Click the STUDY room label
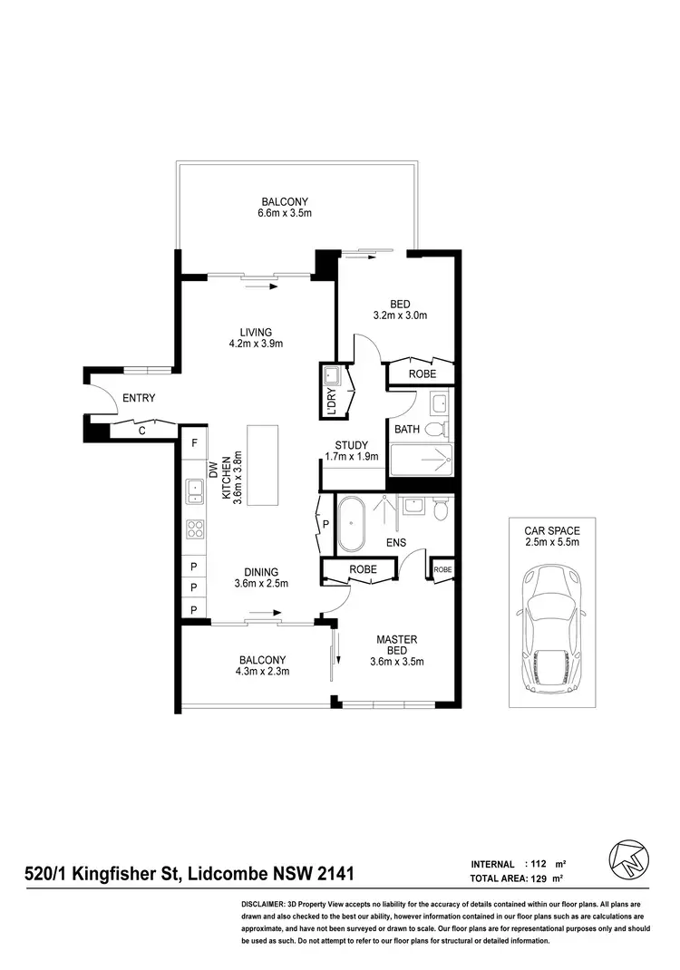(351, 445)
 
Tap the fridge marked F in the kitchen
(193, 443)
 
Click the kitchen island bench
(267, 464)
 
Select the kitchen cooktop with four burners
(194, 528)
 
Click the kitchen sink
(194, 491)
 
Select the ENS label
(394, 543)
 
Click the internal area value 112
(537, 864)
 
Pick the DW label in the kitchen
(214, 469)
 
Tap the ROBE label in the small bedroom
(422, 373)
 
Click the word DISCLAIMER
(263, 905)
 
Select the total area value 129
(537, 879)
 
